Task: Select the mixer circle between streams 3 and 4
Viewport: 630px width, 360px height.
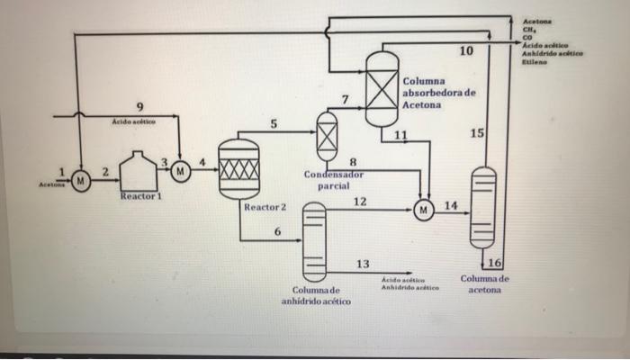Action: point(181,169)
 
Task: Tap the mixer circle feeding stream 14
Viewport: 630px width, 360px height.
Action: point(423,211)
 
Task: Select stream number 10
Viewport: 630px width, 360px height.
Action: point(464,51)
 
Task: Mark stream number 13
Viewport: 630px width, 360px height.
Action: point(362,264)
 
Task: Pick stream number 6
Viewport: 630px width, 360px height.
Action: point(277,232)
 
